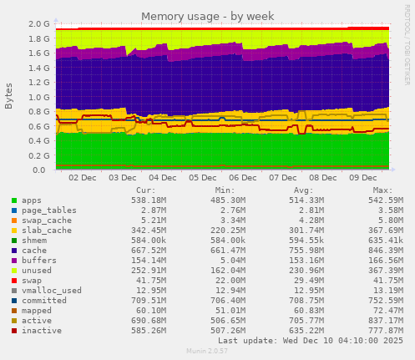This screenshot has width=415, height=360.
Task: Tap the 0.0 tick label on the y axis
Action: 42,170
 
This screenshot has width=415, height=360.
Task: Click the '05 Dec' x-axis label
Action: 203,178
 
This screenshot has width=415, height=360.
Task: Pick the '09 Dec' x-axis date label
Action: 362,178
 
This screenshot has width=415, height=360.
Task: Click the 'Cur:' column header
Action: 145,190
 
